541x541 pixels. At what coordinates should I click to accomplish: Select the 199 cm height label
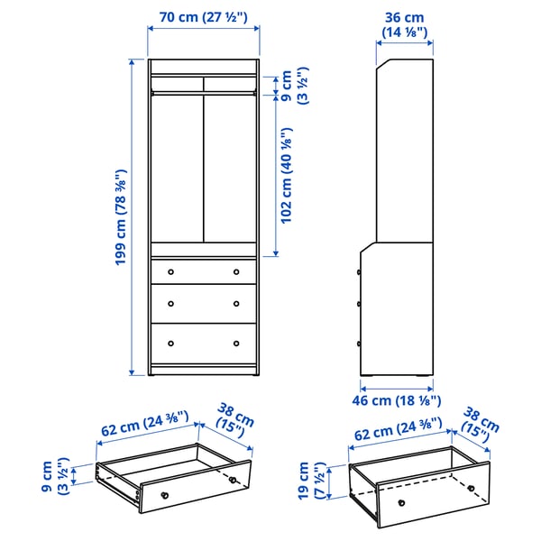(119, 217)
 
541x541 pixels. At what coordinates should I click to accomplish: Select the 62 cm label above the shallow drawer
(144, 425)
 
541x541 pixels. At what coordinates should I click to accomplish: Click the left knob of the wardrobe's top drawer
(170, 270)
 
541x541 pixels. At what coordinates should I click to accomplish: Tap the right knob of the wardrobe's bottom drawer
(237, 343)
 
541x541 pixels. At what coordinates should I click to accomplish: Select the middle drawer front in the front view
(203, 301)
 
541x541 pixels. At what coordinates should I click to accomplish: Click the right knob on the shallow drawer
(233, 479)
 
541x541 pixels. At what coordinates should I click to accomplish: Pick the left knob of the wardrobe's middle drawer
(170, 302)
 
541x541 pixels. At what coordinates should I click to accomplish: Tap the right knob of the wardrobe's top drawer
(237, 270)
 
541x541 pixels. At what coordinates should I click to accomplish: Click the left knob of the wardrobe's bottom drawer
(170, 343)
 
